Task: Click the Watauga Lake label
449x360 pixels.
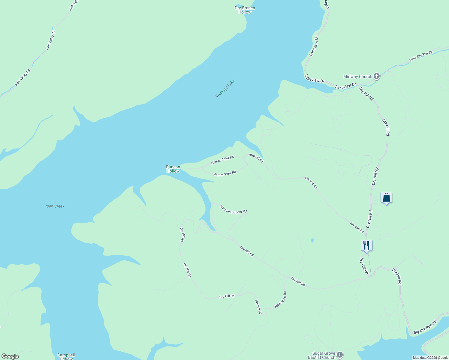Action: [x=225, y=88]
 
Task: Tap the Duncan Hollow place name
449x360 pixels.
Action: [x=173, y=169]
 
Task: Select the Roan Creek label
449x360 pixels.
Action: [x=54, y=206]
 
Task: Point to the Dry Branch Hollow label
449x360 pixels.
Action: [x=245, y=10]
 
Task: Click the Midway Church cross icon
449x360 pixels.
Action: [x=377, y=76]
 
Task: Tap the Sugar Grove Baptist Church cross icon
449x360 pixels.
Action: [x=339, y=355]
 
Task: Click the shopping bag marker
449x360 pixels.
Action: [x=386, y=197]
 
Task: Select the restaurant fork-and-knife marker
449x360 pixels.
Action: [x=366, y=245]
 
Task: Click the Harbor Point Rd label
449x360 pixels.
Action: [x=222, y=160]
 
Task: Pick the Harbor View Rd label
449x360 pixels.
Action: [x=224, y=173]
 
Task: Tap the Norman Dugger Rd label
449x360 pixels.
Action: [x=233, y=209]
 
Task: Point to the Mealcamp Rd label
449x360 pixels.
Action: [x=280, y=300]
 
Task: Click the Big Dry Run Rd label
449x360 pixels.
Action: [x=425, y=328]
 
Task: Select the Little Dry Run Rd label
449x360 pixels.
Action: [x=421, y=56]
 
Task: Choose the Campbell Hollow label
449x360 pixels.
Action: [x=66, y=356]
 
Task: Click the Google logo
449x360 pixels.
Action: [x=10, y=356]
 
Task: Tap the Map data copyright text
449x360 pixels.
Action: [x=430, y=358]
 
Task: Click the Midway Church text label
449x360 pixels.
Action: [x=357, y=76]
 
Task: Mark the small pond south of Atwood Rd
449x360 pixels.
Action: [x=312, y=240]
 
